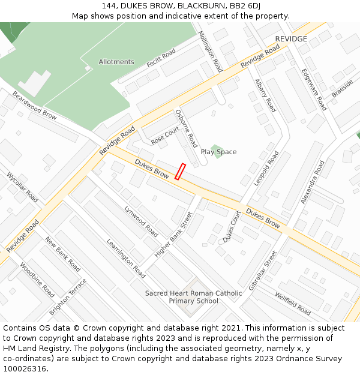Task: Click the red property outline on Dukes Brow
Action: [180, 171]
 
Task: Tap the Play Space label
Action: [218, 152]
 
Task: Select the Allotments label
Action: [116, 62]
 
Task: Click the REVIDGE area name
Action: [291, 39]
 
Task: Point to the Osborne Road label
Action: [186, 128]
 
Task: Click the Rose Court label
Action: [166, 135]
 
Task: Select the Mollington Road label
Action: [210, 52]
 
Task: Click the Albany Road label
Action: [265, 95]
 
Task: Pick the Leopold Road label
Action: [266, 168]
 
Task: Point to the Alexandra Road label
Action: [313, 181]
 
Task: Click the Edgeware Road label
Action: [314, 89]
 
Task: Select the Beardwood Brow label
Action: [34, 105]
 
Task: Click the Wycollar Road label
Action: [23, 187]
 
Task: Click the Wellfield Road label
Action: [293, 304]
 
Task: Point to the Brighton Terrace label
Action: [68, 296]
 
